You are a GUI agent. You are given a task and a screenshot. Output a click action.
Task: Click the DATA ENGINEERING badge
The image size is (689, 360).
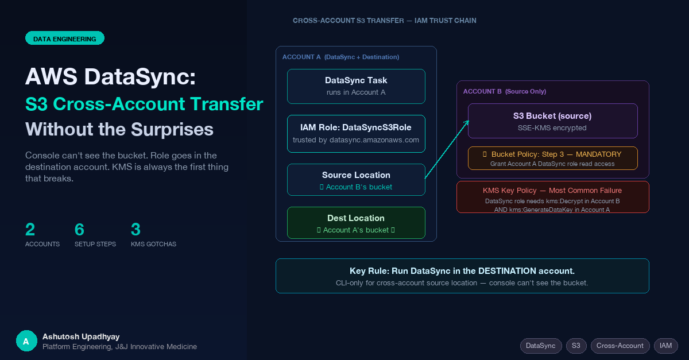[64, 38]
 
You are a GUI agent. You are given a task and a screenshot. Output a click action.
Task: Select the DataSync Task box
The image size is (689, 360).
[356, 87]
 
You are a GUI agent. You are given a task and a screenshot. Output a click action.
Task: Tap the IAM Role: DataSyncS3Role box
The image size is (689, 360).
[356, 134]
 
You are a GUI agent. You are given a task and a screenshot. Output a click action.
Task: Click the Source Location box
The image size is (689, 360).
[356, 180]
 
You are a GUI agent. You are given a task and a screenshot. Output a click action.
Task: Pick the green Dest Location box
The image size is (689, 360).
[356, 223]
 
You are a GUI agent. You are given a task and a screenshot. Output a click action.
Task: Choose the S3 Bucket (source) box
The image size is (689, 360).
[553, 121]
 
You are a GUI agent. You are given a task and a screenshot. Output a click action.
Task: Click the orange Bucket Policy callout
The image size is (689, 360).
[553, 158]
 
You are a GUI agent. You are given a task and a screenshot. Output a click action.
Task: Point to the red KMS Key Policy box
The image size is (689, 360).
[553, 197]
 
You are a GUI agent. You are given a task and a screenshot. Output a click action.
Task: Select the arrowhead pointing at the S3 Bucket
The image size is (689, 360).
[467, 123]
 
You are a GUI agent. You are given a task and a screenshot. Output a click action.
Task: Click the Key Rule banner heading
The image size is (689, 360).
[462, 271]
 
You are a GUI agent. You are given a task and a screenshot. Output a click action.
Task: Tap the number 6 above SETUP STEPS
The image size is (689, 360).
[79, 229]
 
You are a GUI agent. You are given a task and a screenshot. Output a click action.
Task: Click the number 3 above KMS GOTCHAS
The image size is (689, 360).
[136, 229]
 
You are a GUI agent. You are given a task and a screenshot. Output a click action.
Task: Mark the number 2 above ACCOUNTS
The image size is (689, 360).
[30, 229]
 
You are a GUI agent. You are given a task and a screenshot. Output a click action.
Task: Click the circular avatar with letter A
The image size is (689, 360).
[26, 341]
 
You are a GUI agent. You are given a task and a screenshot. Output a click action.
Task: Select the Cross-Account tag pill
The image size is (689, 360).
[620, 346]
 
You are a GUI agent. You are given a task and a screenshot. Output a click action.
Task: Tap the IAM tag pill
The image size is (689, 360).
[665, 346]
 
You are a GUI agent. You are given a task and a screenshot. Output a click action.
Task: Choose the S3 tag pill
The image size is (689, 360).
[576, 346]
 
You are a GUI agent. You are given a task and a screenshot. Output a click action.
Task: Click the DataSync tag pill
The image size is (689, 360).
[541, 346]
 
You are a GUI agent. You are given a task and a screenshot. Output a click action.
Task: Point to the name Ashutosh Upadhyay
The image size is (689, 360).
[81, 336]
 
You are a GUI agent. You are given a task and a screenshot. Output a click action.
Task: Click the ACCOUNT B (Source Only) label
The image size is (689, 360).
[505, 91]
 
